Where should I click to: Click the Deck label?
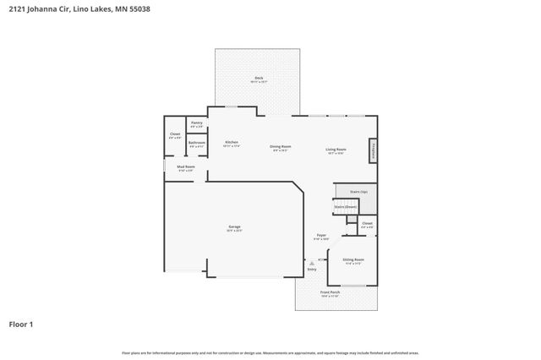pos(259,79)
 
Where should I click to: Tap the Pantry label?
pos(196,123)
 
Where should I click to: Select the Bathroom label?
pos(196,143)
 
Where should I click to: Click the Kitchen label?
pos(231,142)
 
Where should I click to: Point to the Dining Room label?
pos(281,147)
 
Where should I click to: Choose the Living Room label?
pos(336,150)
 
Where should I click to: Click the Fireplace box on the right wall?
pos(372,150)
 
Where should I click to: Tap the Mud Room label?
pos(186,166)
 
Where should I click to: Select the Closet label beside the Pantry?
pos(175,134)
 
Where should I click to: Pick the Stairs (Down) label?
pos(344,206)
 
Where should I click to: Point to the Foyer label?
pos(321,236)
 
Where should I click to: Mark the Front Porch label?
pos(330,292)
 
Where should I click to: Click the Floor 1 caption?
pos(21,324)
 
